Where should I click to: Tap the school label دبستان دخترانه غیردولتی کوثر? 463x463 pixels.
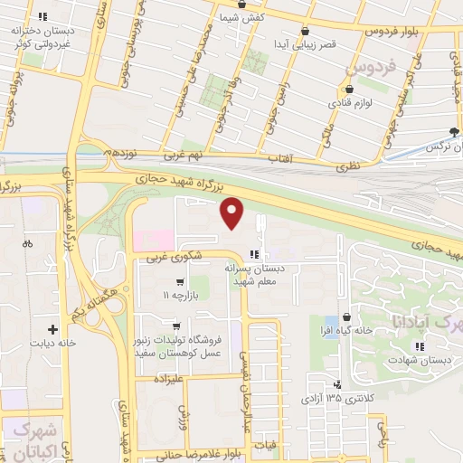(40, 36)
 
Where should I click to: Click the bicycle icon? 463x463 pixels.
(27, 243)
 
